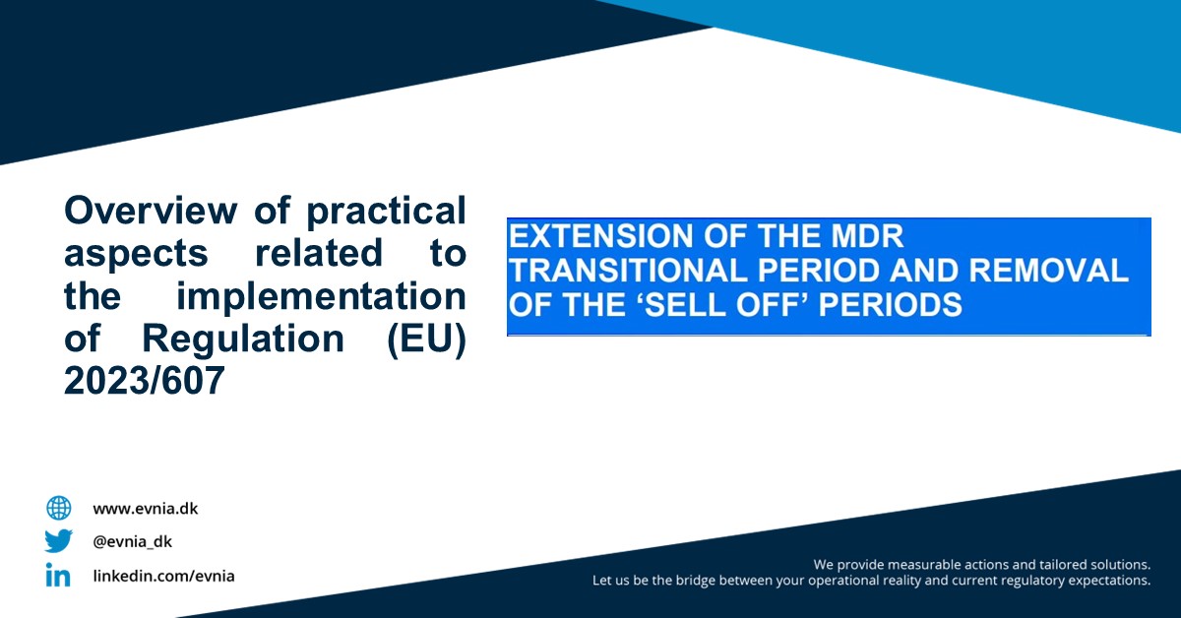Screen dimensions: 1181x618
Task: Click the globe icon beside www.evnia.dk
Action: point(58,509)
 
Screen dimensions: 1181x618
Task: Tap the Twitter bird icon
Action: point(58,541)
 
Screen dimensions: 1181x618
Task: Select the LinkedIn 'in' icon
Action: point(58,575)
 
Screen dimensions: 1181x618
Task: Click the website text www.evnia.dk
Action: point(146,509)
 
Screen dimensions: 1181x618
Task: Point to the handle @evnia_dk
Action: point(132,541)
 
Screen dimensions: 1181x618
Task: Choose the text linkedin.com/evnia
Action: point(164,576)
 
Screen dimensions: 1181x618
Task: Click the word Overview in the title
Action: point(151,211)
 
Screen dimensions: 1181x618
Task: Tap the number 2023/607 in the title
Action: point(145,380)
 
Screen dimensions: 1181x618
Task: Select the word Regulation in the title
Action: point(243,340)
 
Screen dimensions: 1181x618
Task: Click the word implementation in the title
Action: point(321,296)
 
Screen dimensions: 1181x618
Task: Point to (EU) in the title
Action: point(426,340)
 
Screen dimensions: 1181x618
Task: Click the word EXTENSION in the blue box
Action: point(601,236)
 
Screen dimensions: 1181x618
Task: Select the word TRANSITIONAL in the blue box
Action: point(628,271)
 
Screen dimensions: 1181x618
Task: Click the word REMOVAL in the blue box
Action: point(1048,271)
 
